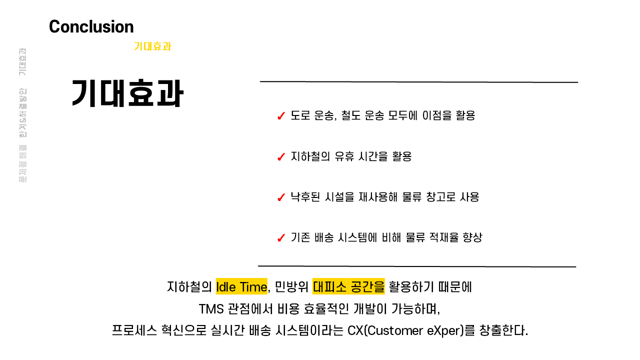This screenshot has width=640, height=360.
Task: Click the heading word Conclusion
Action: [x=91, y=26]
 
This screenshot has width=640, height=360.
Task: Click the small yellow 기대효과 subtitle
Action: [x=152, y=46]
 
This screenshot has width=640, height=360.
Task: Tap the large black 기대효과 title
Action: [x=127, y=94]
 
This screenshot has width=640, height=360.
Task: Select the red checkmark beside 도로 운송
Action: [x=281, y=116]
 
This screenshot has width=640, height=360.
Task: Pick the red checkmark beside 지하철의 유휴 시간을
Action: [x=281, y=157]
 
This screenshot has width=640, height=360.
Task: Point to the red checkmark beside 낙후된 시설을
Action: [x=281, y=197]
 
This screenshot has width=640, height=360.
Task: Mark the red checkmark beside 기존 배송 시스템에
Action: [x=281, y=238]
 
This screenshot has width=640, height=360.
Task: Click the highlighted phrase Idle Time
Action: [x=241, y=287]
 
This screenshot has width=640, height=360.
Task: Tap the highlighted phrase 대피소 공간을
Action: [x=348, y=287]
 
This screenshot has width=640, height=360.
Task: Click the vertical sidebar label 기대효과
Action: [x=23, y=62]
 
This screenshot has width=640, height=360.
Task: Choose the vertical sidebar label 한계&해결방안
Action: [x=23, y=113]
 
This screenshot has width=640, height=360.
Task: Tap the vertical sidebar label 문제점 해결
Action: [x=23, y=164]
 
